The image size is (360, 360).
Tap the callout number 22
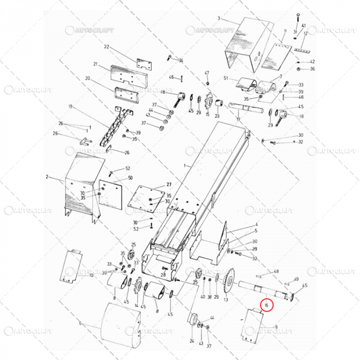pyautogui.click(x=107, y=47)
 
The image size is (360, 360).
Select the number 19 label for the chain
pyautogui.click(x=70, y=106)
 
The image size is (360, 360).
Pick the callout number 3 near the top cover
pyautogui.click(x=219, y=18)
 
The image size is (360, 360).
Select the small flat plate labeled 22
pyautogui.click(x=145, y=64)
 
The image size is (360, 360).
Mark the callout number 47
pyautogui.click(x=207, y=73)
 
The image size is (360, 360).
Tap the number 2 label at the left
pyautogui.click(x=47, y=177)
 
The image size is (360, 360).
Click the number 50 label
pyautogui.click(x=131, y=178)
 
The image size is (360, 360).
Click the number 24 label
pyautogui.click(x=192, y=341)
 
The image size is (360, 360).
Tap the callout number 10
pyautogui.click(x=92, y=275)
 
